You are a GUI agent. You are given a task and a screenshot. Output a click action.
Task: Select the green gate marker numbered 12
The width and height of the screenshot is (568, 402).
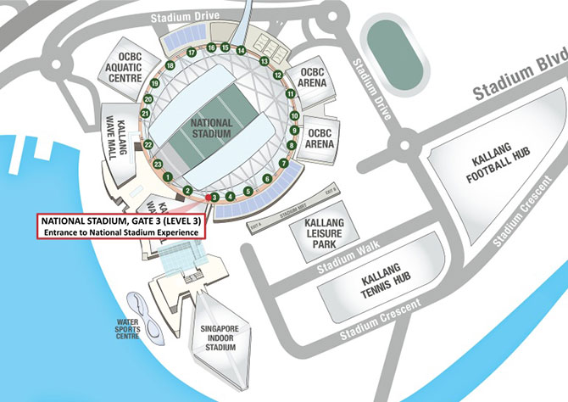click(x=277, y=75)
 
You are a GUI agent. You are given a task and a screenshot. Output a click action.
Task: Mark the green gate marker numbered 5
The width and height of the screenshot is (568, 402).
click(x=248, y=192)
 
